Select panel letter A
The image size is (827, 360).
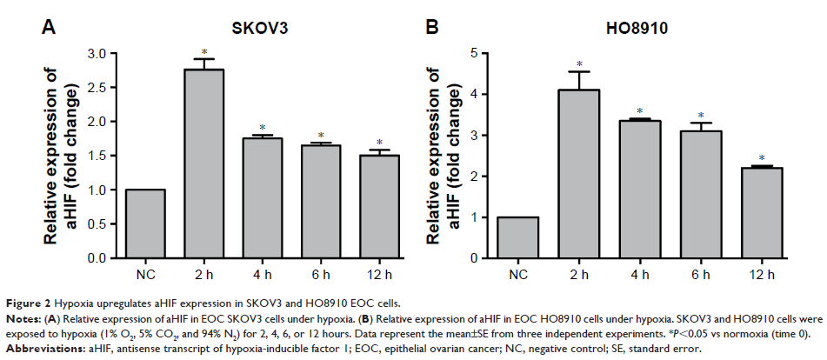50,28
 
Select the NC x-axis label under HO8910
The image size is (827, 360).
518,276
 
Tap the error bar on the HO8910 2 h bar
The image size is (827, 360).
587,80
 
